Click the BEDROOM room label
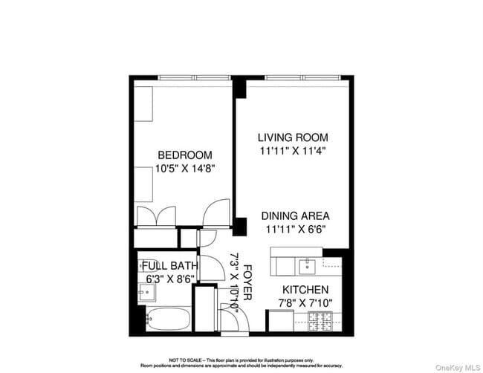pos(185,155)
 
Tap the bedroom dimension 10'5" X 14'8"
pos(185,168)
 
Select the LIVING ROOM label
pos(293,137)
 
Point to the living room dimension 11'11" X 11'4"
pos(293,150)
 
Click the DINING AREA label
pos(295,215)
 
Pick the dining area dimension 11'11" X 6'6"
pos(295,229)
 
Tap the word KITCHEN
pos(305,289)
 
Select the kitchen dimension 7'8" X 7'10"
pos(305,302)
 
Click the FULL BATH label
pos(170,265)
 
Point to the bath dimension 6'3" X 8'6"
pos(170,278)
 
